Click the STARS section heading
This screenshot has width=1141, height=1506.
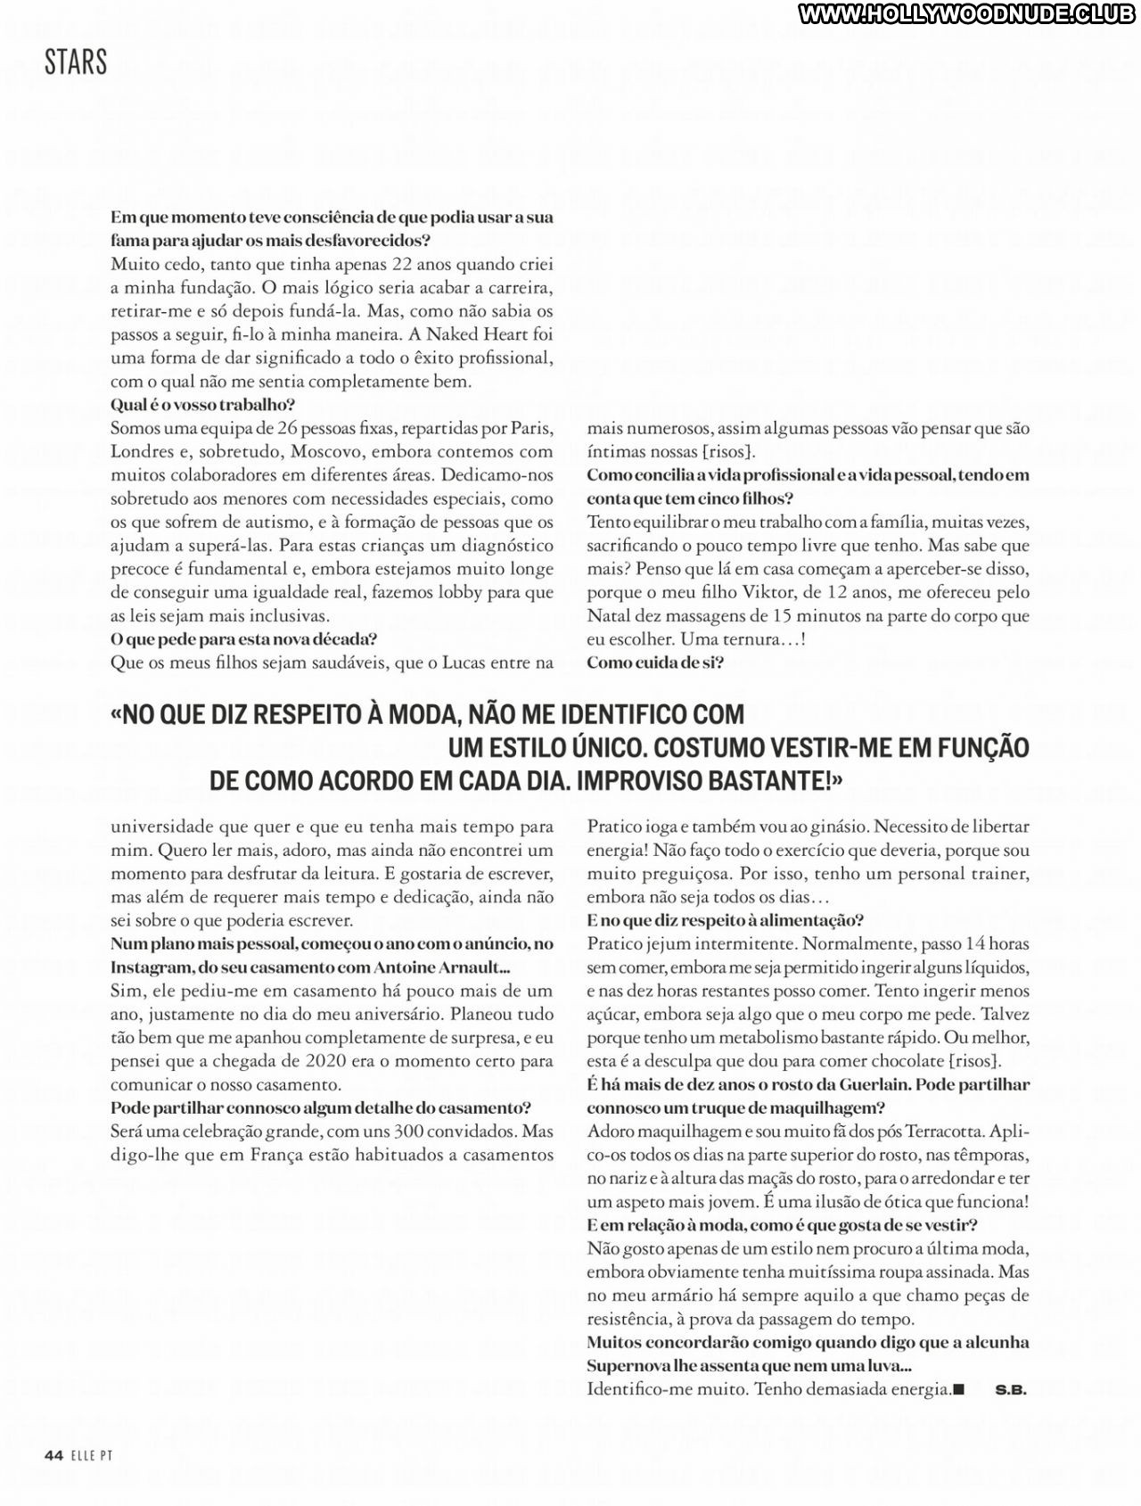point(76,62)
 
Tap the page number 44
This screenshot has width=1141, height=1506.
point(53,1455)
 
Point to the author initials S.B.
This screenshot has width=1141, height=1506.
point(1011,1389)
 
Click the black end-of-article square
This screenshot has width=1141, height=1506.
point(959,1389)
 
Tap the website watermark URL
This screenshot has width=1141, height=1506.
point(968,15)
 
